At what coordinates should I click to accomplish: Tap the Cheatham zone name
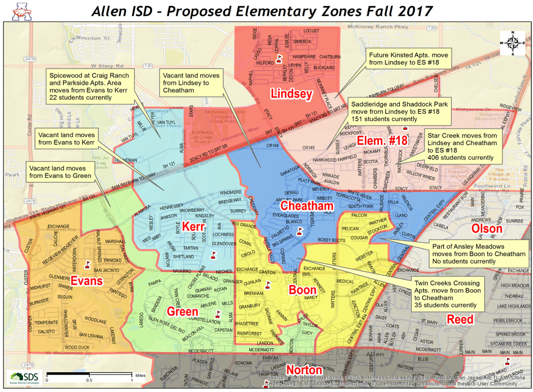coord(306,206)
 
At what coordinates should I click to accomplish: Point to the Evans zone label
coord(87,281)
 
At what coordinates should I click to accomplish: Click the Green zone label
coord(182,312)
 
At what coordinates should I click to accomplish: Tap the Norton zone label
coord(304,370)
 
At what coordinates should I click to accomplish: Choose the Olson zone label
coord(486,229)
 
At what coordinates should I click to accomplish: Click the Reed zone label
coord(460,319)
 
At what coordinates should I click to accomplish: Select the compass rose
coord(512,43)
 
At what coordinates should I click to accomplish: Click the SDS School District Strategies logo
coord(25,378)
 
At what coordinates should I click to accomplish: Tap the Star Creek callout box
coord(463,146)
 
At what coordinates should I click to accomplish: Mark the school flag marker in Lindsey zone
coord(279,58)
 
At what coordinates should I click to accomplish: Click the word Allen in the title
coord(110,10)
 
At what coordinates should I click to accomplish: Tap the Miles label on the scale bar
coord(140,375)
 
